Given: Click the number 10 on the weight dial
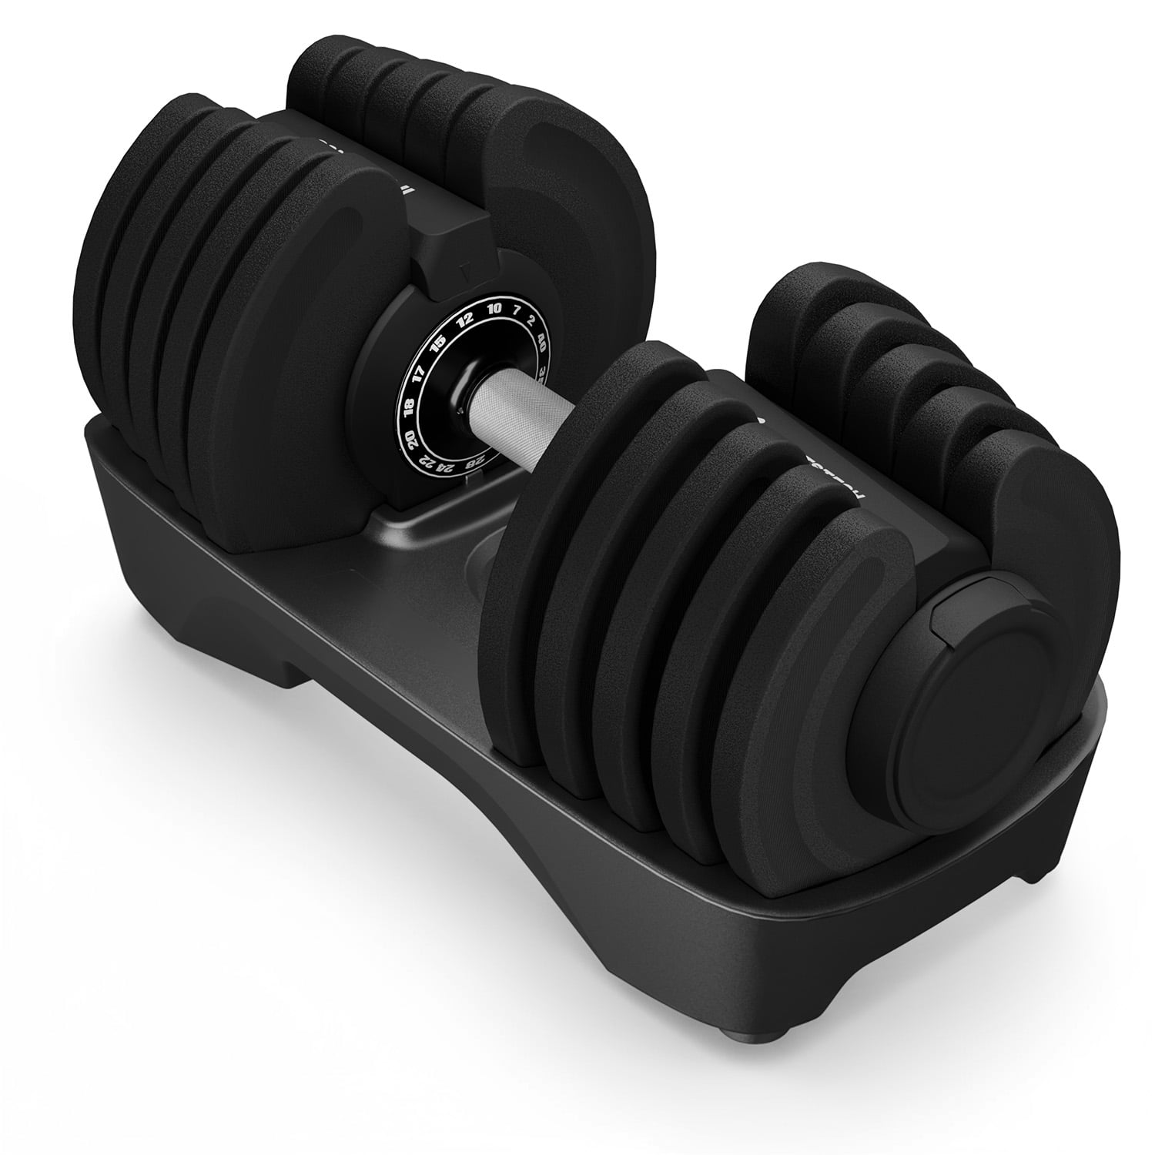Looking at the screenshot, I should point(494,308).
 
